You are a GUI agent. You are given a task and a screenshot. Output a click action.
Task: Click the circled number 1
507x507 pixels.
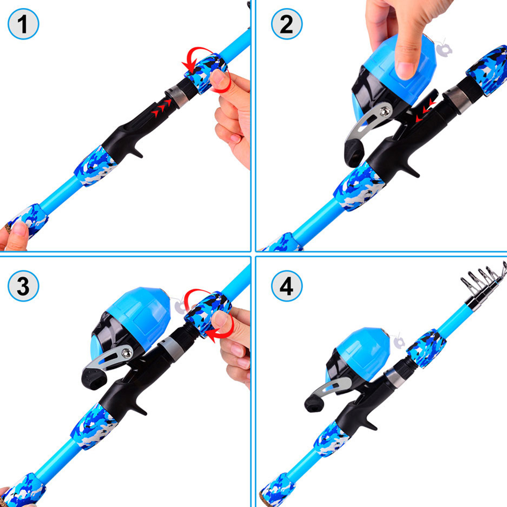[23, 24]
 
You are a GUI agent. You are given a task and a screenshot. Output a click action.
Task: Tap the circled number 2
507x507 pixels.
[287, 24]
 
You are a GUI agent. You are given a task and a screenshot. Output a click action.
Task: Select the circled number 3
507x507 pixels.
[23, 286]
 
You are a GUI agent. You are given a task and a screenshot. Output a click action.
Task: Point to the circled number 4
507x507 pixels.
[287, 286]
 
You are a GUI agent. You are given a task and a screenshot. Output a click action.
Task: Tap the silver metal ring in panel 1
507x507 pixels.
[178, 96]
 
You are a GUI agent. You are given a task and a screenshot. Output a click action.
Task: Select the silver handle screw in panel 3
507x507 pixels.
[127, 352]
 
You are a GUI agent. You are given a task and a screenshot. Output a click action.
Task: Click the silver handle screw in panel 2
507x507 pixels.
[385, 111]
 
